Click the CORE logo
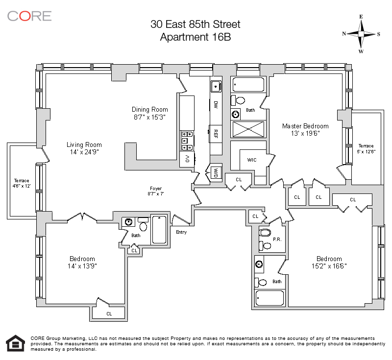tap(29, 16)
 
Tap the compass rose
tap(361, 34)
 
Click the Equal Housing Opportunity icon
tap(16, 343)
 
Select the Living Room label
tap(84, 144)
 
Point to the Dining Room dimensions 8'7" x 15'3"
tap(149, 117)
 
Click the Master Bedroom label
tap(305, 126)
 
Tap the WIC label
tap(252, 160)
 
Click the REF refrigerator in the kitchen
tap(216, 134)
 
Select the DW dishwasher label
tap(216, 105)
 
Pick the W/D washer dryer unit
tap(216, 172)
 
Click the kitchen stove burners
tap(187, 141)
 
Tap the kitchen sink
tap(216, 86)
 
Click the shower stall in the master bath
tap(248, 129)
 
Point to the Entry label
tap(181, 232)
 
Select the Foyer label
tap(156, 189)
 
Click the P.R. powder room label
tap(277, 240)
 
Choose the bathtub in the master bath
tap(248, 84)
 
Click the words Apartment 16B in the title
tap(195, 37)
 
